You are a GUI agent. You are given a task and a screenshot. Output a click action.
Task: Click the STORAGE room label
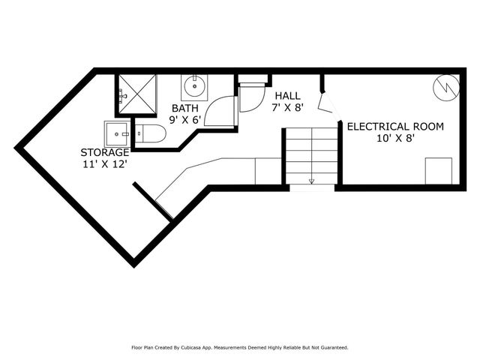pos(105,152)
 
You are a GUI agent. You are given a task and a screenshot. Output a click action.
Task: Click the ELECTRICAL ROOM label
pos(394,126)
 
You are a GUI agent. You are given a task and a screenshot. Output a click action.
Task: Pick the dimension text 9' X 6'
pos(184,119)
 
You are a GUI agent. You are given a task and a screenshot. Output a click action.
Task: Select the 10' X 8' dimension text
pos(394,137)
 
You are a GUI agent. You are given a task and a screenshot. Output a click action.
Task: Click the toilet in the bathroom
pos(150,135)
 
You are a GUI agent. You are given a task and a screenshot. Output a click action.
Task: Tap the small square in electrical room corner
pos(438,171)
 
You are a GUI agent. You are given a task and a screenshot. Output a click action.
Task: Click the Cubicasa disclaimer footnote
pos(239,347)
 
